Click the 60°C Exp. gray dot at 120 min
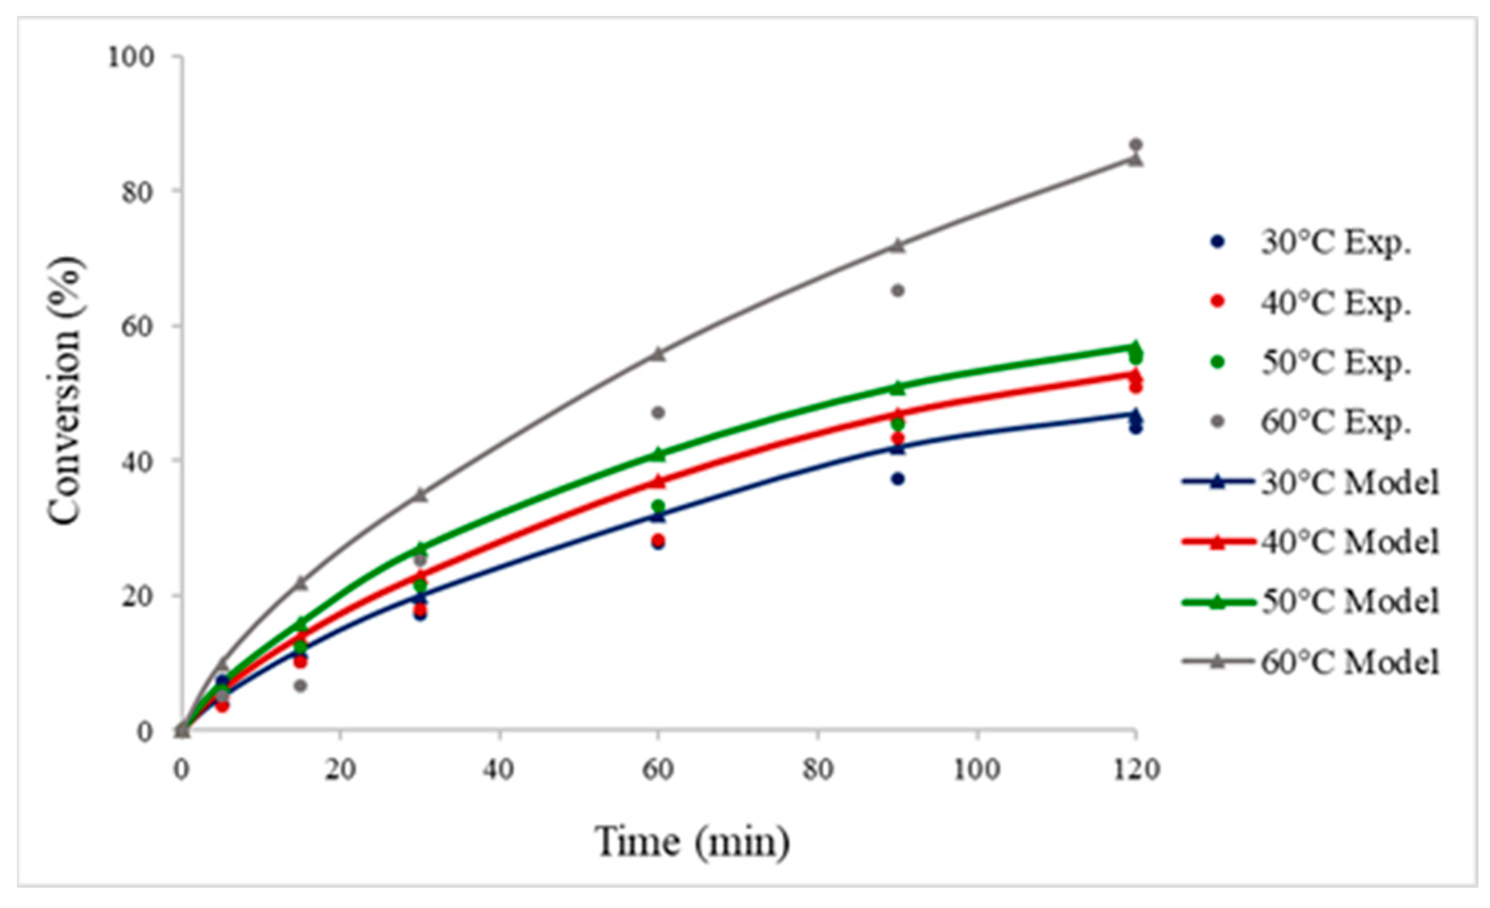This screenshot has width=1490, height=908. pos(1135,145)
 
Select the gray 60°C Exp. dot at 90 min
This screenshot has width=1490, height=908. pos(898,291)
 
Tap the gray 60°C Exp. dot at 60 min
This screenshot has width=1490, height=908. pos(659,413)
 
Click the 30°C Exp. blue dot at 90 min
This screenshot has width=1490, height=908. pos(898,480)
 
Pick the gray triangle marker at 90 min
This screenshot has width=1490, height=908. pos(898,245)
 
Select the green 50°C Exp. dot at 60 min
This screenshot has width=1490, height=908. pos(659,506)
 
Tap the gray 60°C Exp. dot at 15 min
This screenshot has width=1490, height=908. pos(300,686)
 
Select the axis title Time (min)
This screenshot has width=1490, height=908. pos(692,841)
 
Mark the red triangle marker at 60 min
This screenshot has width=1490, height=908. pos(659,482)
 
